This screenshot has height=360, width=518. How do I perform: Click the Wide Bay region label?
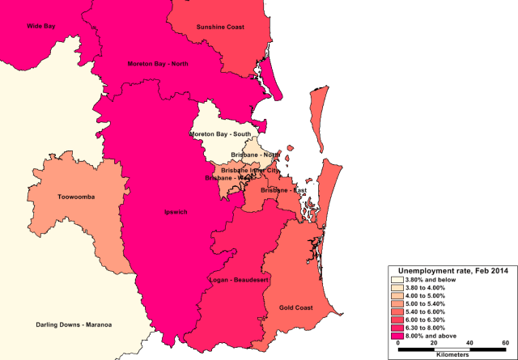40,27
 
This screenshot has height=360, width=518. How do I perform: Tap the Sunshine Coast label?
220,27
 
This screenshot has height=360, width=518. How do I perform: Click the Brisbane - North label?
255,154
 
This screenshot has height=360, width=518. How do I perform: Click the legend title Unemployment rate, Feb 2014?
452,271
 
